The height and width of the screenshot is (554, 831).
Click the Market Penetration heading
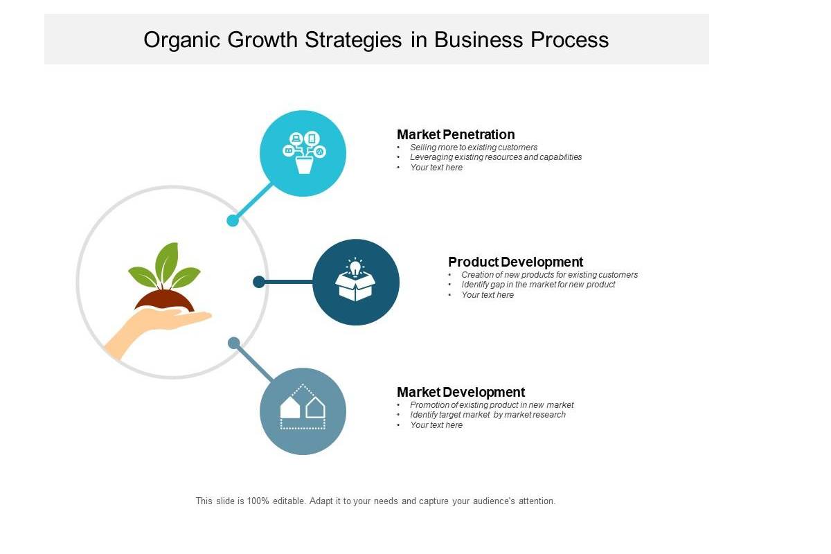tap(456, 134)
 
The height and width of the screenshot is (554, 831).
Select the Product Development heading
tap(515, 262)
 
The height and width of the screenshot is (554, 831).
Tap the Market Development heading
tap(461, 392)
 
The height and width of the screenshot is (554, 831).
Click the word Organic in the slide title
tap(181, 40)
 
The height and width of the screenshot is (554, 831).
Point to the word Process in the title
tap(569, 39)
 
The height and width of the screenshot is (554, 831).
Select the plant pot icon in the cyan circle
tap(304, 165)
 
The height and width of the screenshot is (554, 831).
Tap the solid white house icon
tap(289, 407)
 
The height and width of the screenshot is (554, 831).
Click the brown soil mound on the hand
tap(164, 300)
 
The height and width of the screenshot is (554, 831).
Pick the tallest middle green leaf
tap(167, 261)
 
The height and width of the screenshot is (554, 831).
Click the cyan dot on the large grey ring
tap(233, 220)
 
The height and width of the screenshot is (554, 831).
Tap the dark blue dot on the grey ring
tap(259, 282)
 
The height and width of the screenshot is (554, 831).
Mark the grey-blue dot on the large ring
tap(233, 343)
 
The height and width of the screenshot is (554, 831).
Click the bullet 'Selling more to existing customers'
tap(474, 148)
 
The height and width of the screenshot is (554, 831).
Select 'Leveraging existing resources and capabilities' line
tap(496, 157)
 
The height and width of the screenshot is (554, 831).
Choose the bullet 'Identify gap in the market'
tap(538, 285)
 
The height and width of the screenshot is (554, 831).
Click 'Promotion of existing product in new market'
tap(492, 405)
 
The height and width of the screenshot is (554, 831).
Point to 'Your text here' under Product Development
tap(488, 295)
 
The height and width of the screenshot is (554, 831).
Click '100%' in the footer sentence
tap(258, 501)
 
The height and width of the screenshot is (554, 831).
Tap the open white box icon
tap(355, 287)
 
